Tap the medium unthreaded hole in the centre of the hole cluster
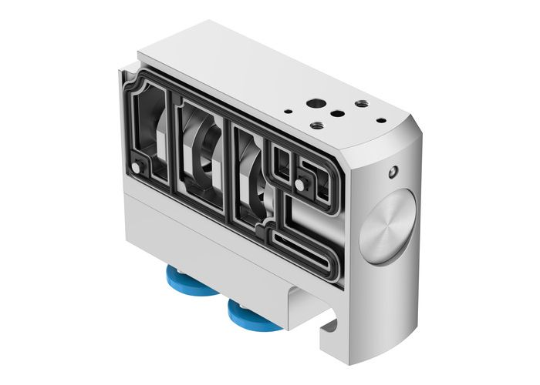(x=337, y=113)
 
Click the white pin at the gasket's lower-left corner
(x=137, y=168)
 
